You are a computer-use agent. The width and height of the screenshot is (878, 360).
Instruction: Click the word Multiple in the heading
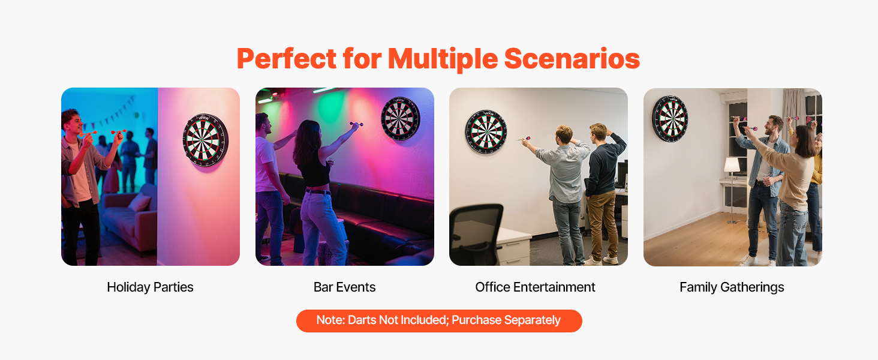tap(443, 59)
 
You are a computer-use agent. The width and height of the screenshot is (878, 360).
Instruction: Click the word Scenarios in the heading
tap(572, 58)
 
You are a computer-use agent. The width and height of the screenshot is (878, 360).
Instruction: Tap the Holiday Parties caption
tap(150, 287)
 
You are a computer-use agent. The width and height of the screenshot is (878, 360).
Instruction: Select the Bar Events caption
tap(344, 287)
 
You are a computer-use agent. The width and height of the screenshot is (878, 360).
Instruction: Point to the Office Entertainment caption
tap(535, 287)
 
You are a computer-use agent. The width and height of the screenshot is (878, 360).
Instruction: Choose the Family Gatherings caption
tap(732, 287)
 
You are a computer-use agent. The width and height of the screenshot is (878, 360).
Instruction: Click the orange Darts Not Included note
tap(439, 321)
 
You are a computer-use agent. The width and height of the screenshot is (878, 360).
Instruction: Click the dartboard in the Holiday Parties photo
tap(205, 140)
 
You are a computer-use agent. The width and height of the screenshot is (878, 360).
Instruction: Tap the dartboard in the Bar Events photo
tap(400, 118)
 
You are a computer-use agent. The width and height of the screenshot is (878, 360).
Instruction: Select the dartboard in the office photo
tap(486, 131)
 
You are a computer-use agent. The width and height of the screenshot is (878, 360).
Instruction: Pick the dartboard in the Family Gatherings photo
tap(670, 118)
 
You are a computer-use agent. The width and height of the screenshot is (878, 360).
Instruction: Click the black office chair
tap(476, 235)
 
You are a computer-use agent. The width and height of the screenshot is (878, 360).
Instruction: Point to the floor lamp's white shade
tap(732, 165)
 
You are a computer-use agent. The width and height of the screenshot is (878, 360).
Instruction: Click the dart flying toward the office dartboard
tap(524, 139)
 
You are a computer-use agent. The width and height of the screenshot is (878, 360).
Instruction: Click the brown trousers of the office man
tap(602, 224)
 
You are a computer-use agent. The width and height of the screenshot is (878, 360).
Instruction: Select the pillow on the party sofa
tap(140, 202)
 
